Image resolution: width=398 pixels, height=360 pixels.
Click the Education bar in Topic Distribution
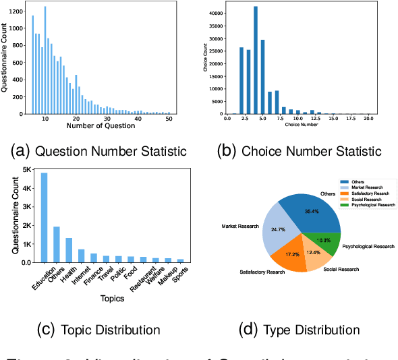click(45, 218)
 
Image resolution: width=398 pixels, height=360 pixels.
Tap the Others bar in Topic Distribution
click(57, 245)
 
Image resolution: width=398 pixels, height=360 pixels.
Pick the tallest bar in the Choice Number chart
click(256, 60)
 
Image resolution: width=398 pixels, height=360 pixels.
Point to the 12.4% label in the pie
click(314, 252)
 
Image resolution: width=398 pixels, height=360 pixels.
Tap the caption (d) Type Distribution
click(302, 330)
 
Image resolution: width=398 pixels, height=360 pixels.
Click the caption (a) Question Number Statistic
click(100, 150)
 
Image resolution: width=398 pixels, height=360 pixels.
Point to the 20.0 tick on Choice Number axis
click(366, 119)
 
